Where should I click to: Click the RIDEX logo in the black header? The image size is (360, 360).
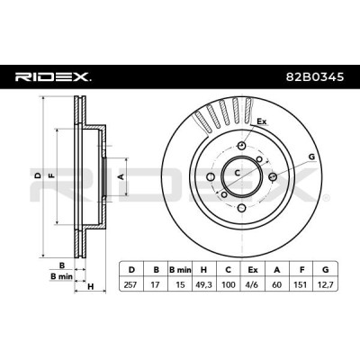pyautogui.click(x=53, y=77)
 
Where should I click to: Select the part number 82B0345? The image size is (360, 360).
pyautogui.click(x=315, y=77)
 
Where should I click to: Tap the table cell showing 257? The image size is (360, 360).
pyautogui.click(x=130, y=284)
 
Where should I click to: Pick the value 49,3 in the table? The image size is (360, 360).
pyautogui.click(x=203, y=284)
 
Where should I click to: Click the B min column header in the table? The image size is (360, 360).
pyautogui.click(x=180, y=270)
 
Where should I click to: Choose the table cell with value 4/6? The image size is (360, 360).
pyautogui.click(x=252, y=284)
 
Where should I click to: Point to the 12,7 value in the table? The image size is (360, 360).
pyautogui.click(x=325, y=284)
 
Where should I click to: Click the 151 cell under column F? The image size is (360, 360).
pyautogui.click(x=301, y=284)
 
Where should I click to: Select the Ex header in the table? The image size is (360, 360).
pyautogui.click(x=253, y=270)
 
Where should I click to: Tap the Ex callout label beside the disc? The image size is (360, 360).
pyautogui.click(x=262, y=121)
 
